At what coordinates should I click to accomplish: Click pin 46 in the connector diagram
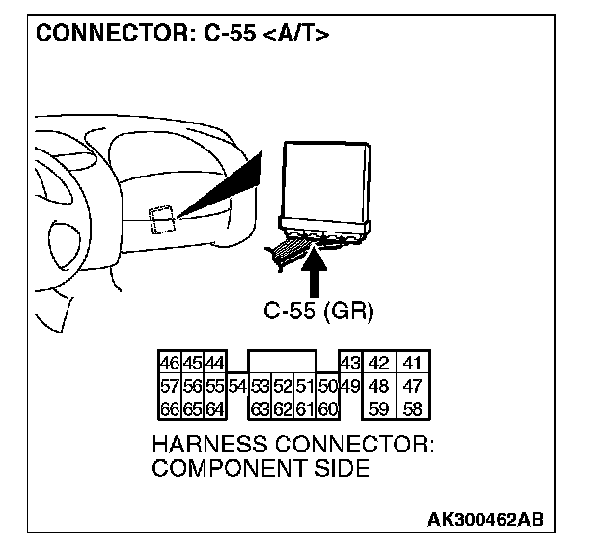[168, 365]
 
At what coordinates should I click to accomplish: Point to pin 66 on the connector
[168, 408]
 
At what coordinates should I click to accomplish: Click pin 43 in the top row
[349, 365]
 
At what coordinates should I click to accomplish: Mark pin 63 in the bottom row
[260, 408]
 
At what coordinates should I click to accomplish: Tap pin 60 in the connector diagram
[327, 408]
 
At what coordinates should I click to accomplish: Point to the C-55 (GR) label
[317, 312]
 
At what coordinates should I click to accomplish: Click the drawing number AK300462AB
[485, 520]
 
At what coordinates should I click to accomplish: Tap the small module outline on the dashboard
[161, 220]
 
